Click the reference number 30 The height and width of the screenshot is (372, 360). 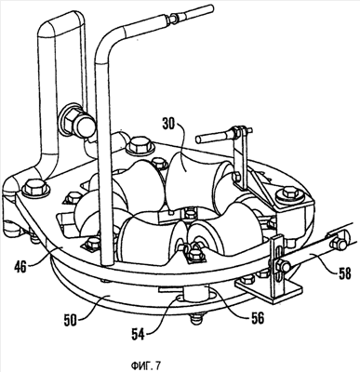point(168,126)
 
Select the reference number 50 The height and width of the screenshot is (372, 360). point(71,319)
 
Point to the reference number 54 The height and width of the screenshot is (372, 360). point(138,335)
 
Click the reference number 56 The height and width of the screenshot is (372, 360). point(257,318)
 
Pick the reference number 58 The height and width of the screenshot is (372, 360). point(343,273)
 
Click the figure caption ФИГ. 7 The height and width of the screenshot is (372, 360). point(146,365)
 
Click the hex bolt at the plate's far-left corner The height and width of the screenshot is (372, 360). point(35,187)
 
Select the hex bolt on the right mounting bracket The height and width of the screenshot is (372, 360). point(290,193)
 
